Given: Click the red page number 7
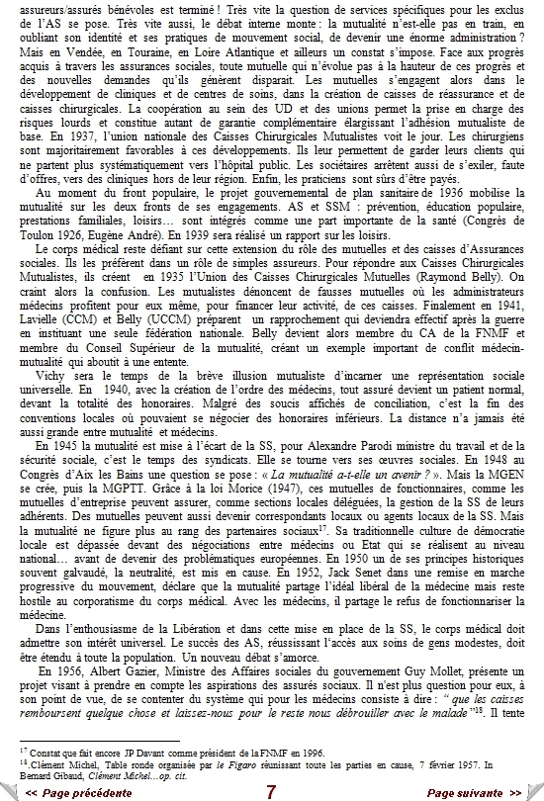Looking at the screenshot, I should (x=271, y=792).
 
